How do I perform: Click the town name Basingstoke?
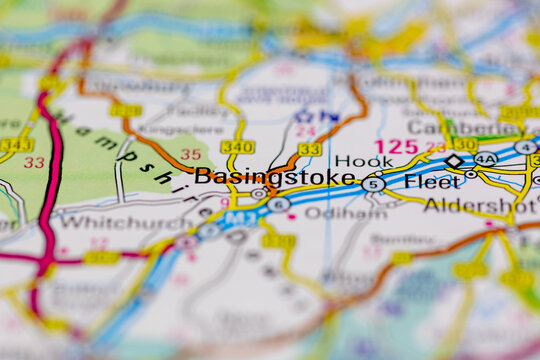tap(275, 177)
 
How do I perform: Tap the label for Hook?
tap(364, 160)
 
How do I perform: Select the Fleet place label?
tap(431, 182)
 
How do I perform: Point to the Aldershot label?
tap(480, 205)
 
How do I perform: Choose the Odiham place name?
tap(331, 213)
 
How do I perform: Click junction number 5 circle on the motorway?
tap(373, 184)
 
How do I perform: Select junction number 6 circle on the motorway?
tap(279, 204)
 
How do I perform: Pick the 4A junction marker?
tap(485, 158)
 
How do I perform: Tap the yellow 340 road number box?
tap(238, 147)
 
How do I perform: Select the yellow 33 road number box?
tap(309, 149)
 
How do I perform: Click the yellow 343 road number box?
tap(15, 144)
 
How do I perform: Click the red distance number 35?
tap(190, 155)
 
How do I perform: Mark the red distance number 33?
tap(34, 162)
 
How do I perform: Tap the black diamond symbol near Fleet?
tap(454, 161)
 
